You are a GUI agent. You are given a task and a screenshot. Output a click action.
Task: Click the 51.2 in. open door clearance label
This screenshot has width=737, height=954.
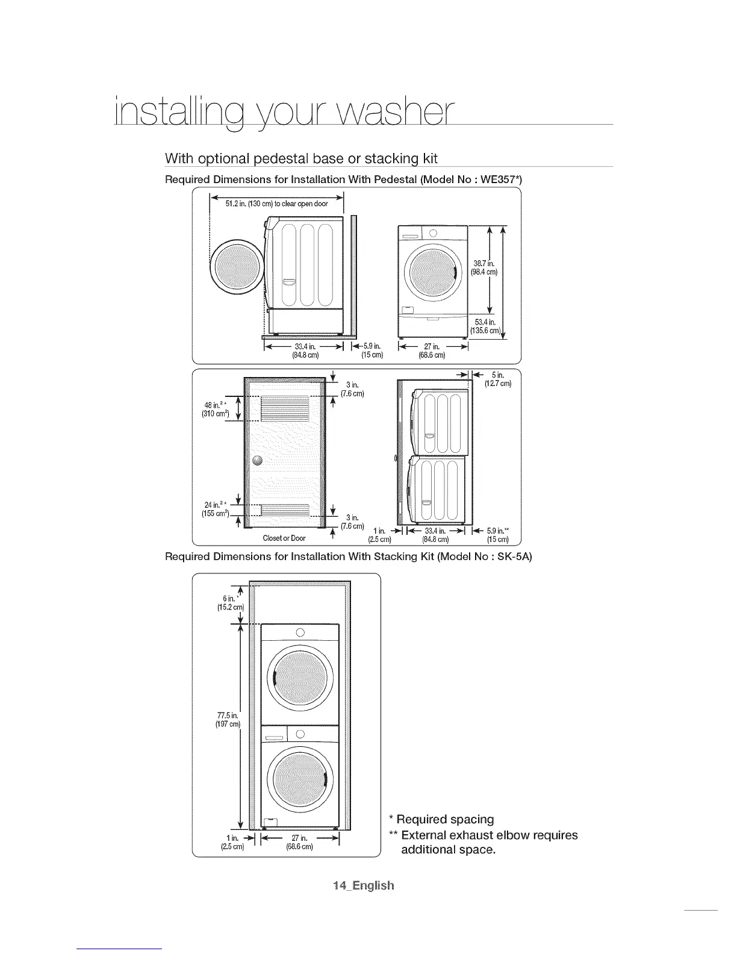(x=276, y=204)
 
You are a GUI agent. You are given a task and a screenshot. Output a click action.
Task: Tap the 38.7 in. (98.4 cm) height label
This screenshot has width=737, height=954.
(x=484, y=267)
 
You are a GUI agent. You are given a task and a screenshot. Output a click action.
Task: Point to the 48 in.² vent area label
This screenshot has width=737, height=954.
(x=213, y=410)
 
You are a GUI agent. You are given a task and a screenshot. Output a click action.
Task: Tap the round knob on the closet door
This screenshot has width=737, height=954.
(x=258, y=461)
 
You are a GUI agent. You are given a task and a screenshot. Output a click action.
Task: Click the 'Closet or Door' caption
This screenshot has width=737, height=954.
(x=284, y=538)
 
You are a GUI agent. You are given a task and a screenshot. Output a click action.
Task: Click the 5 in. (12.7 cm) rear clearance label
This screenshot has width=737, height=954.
(x=497, y=380)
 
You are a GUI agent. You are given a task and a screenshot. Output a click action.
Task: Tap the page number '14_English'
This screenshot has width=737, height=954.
(x=364, y=885)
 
